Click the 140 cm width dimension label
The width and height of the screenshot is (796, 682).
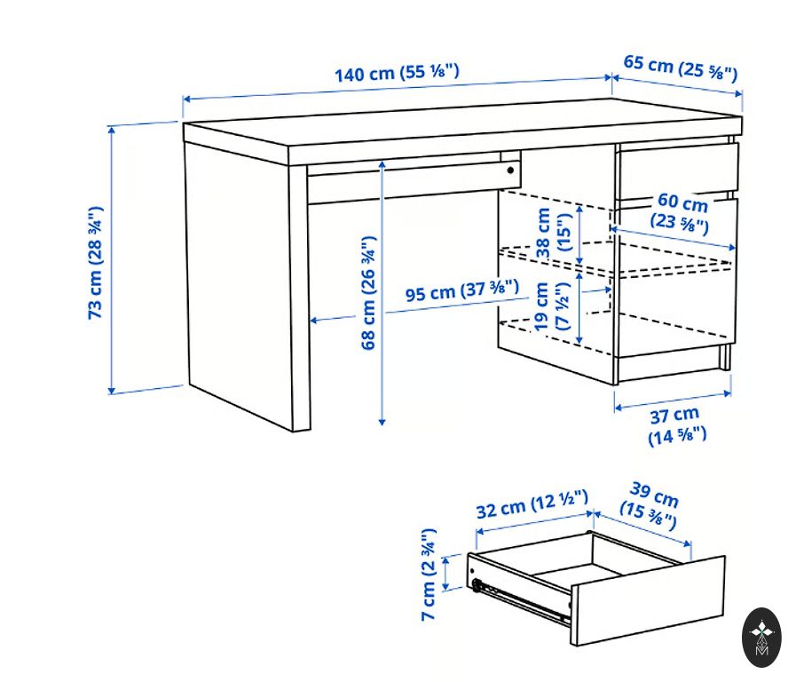397,73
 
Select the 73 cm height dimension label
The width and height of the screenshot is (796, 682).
96,262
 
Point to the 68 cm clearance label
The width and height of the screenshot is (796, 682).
368,293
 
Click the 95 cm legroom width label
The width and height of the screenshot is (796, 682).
462,290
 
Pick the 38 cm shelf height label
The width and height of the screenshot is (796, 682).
554,233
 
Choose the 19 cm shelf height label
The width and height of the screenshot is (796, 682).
552,306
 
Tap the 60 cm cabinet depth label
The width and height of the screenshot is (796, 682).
682,211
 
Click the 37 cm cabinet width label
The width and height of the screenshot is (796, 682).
676,425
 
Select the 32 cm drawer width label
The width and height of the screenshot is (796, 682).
532,504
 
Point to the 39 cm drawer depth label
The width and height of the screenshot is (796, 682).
650,506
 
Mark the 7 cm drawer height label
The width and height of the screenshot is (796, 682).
429,575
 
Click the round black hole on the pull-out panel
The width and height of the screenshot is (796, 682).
510,170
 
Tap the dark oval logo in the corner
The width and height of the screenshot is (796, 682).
761,638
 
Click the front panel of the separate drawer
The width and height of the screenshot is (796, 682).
647,601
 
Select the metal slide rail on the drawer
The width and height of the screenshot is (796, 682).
520,601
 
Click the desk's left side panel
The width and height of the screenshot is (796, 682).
238,284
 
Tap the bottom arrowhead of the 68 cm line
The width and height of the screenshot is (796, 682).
382,422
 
